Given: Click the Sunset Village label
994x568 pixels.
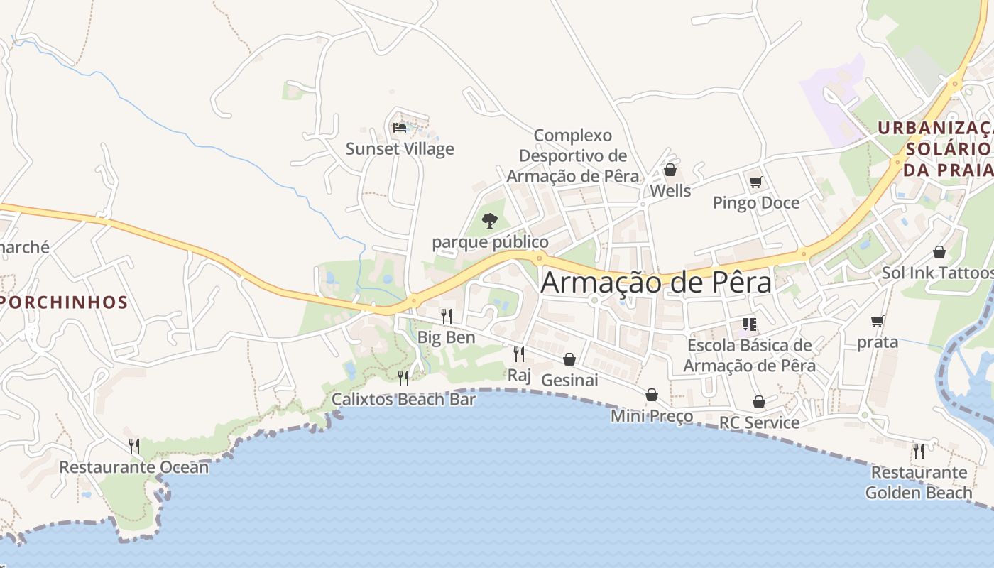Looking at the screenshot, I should point(400,149).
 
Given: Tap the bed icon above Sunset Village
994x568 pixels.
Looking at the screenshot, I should point(400,128).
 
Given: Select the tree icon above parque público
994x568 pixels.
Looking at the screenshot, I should point(489,220).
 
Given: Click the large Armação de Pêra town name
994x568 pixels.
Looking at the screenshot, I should point(656,282).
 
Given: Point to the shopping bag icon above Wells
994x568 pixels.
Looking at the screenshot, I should point(670,170).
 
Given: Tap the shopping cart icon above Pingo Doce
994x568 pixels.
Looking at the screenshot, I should point(755,182).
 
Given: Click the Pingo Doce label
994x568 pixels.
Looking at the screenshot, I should point(756,203).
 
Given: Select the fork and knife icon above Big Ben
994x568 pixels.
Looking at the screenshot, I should point(446,315).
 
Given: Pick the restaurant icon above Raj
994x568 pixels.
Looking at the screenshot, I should point(519,353).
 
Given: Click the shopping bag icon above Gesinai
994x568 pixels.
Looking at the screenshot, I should point(569,359).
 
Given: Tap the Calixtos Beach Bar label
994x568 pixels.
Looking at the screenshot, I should point(404,400).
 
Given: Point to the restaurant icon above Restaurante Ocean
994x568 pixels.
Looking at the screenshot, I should point(133,446).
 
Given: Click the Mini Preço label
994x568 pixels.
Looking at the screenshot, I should point(652,416).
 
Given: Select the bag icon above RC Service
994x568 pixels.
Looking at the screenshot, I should point(758,402).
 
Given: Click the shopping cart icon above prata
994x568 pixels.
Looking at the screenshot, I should point(878,321).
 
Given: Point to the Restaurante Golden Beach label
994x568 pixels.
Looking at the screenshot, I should point(919,482).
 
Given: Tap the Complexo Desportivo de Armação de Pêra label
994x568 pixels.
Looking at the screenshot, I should point(573,155).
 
